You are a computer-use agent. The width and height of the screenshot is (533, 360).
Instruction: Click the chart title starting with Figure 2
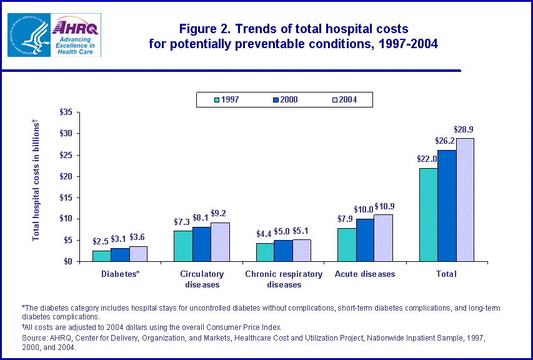(293, 36)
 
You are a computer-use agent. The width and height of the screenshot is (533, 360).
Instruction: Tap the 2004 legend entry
(342, 99)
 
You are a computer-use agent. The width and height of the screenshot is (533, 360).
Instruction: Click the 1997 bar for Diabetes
(101, 256)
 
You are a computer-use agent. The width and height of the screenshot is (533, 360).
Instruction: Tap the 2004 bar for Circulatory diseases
(220, 242)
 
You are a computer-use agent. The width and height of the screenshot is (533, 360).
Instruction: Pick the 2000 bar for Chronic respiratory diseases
(283, 251)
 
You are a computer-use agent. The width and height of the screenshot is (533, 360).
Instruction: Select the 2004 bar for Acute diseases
(383, 238)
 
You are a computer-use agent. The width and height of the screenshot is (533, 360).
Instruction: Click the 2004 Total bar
(465, 199)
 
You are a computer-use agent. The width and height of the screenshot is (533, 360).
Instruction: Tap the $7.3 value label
(182, 222)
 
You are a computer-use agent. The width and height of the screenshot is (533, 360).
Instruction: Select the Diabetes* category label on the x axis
(120, 274)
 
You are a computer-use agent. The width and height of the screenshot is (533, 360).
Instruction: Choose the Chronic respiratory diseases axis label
(283, 279)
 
